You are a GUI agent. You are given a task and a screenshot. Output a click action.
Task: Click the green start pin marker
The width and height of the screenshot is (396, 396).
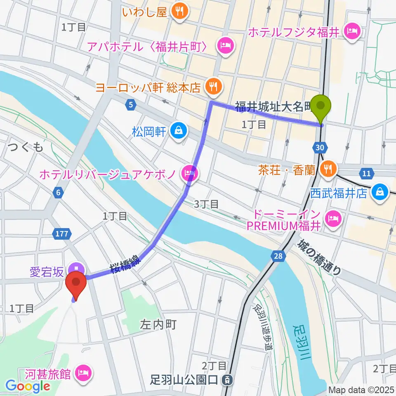point(321,108)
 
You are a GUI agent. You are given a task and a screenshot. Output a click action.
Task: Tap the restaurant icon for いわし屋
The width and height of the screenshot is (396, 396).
point(180,12)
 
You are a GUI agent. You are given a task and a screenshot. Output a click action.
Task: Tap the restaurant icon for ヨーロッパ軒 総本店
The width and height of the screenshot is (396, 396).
point(214,87)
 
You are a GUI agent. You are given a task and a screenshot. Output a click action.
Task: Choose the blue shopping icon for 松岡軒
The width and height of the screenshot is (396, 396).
point(178,132)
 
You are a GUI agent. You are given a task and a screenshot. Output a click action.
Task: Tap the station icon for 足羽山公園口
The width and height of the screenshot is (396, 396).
point(226,379)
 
